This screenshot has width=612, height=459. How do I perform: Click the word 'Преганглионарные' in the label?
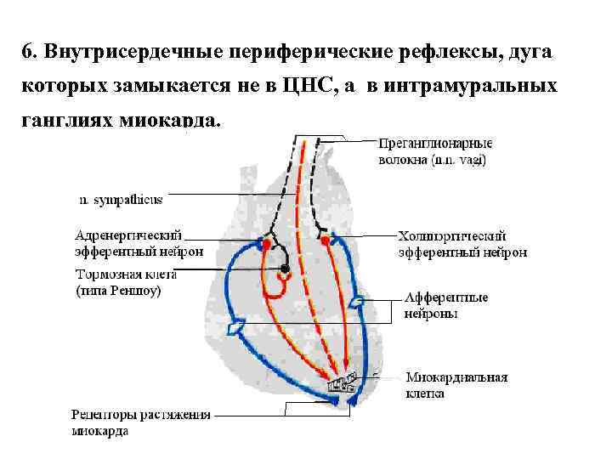[433, 144]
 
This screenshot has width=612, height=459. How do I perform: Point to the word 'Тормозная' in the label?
[106, 275]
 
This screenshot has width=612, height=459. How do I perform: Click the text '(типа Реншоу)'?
[118, 291]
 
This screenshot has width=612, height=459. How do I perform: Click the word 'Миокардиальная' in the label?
[456, 378]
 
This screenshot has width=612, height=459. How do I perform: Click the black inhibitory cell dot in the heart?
[286, 269]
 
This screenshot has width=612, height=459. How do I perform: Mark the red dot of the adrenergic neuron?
[266, 244]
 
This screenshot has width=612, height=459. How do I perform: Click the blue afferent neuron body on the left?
[237, 326]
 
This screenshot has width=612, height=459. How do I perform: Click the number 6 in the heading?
[26, 53]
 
